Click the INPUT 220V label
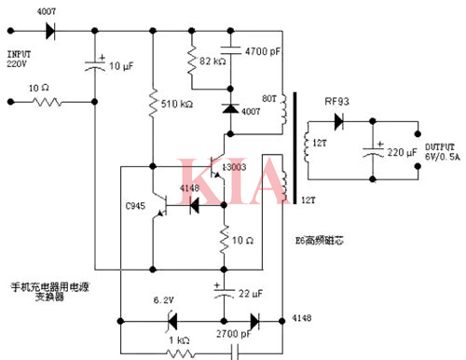pos(21,60)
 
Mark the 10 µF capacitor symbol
pos(97,65)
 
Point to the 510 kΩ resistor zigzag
pos(152,102)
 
